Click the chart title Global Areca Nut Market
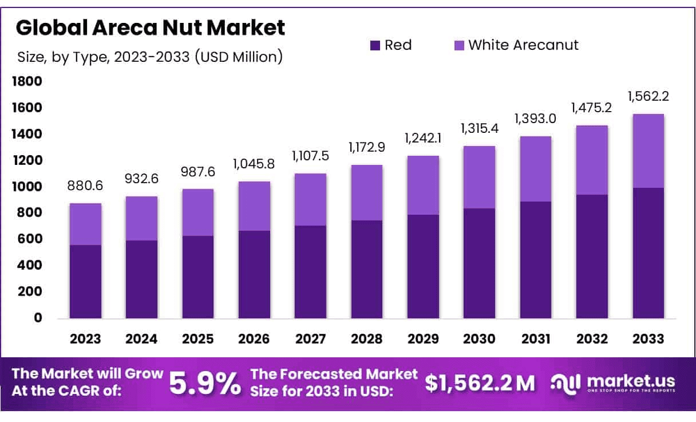[150, 27]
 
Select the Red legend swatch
[375, 45]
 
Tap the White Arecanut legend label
[523, 45]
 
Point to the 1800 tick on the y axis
[27, 81]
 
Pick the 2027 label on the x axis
[311, 338]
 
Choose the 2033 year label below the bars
[648, 338]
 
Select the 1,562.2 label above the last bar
[648, 97]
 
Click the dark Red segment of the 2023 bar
[85, 282]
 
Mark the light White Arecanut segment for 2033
[648, 151]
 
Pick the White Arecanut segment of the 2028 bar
[367, 192]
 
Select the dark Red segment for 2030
[480, 263]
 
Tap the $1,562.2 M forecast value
[480, 384]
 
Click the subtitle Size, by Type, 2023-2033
[149, 57]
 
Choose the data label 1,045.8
[254, 164]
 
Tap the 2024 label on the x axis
[141, 338]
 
